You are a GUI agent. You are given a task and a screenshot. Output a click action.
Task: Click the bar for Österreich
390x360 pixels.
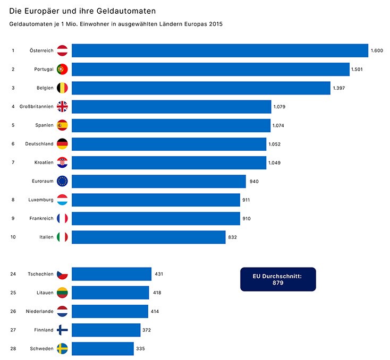tap(220, 50)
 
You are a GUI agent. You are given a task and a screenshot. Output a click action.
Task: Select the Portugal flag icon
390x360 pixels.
tap(62, 69)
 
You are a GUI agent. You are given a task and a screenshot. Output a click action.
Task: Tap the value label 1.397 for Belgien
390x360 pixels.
tap(339, 88)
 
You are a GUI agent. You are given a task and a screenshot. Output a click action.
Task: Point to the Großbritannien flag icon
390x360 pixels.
tap(62, 107)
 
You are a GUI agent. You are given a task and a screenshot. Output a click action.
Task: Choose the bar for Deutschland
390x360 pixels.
tap(169, 144)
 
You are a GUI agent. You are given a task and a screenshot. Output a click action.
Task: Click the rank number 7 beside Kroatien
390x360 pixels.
tap(13, 162)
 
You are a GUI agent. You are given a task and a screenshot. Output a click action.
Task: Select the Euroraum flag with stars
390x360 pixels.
tap(62, 181)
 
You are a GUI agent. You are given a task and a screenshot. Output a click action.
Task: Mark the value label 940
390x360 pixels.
tap(253, 182)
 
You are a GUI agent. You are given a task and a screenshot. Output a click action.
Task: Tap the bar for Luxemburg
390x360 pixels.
tap(156, 200)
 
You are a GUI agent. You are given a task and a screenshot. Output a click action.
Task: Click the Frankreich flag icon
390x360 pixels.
tap(62, 218)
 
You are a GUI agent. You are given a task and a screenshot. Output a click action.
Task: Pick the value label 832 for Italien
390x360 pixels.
tap(232, 237)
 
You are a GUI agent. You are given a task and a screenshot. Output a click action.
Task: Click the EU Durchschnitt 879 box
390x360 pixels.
tap(278, 279)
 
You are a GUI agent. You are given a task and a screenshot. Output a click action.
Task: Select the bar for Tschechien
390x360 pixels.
tap(112, 274)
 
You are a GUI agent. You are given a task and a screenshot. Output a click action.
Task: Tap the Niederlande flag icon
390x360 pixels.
tap(62, 311)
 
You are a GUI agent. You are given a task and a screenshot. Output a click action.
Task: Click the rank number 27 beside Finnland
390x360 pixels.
tap(13, 330)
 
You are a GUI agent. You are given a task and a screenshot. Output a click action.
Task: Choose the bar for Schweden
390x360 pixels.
tap(103, 348)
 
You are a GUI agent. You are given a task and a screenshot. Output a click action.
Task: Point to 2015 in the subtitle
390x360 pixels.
tap(215, 24)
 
